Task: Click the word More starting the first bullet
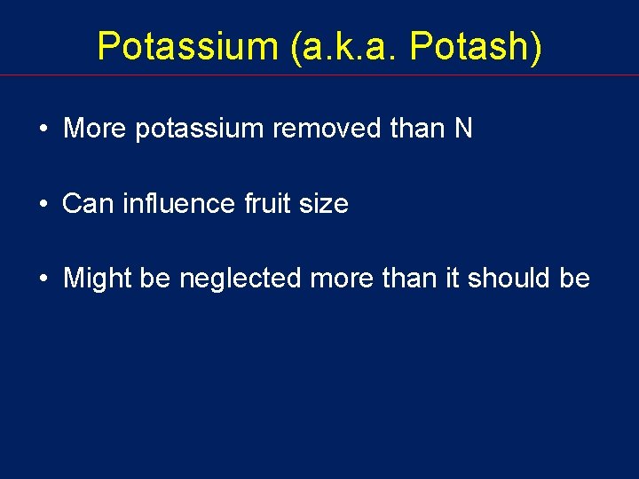point(95,129)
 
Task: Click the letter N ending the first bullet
point(463,129)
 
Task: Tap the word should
point(509,279)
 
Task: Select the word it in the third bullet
point(450,279)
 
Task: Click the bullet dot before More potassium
point(43,130)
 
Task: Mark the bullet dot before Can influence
point(43,205)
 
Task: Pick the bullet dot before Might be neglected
point(43,279)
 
